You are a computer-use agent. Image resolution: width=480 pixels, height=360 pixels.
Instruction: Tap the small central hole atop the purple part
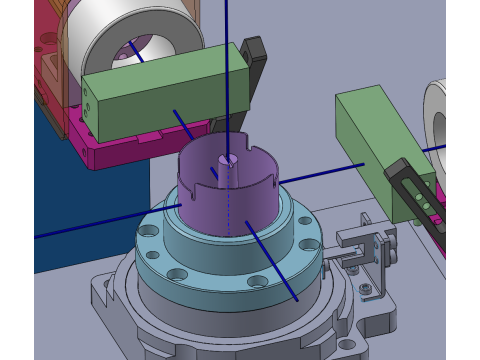tap(230, 159)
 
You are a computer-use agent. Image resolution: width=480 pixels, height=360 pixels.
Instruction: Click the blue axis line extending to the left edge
tap(90, 226)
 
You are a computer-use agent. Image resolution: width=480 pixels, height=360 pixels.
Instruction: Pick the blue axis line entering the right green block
tap(320, 172)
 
